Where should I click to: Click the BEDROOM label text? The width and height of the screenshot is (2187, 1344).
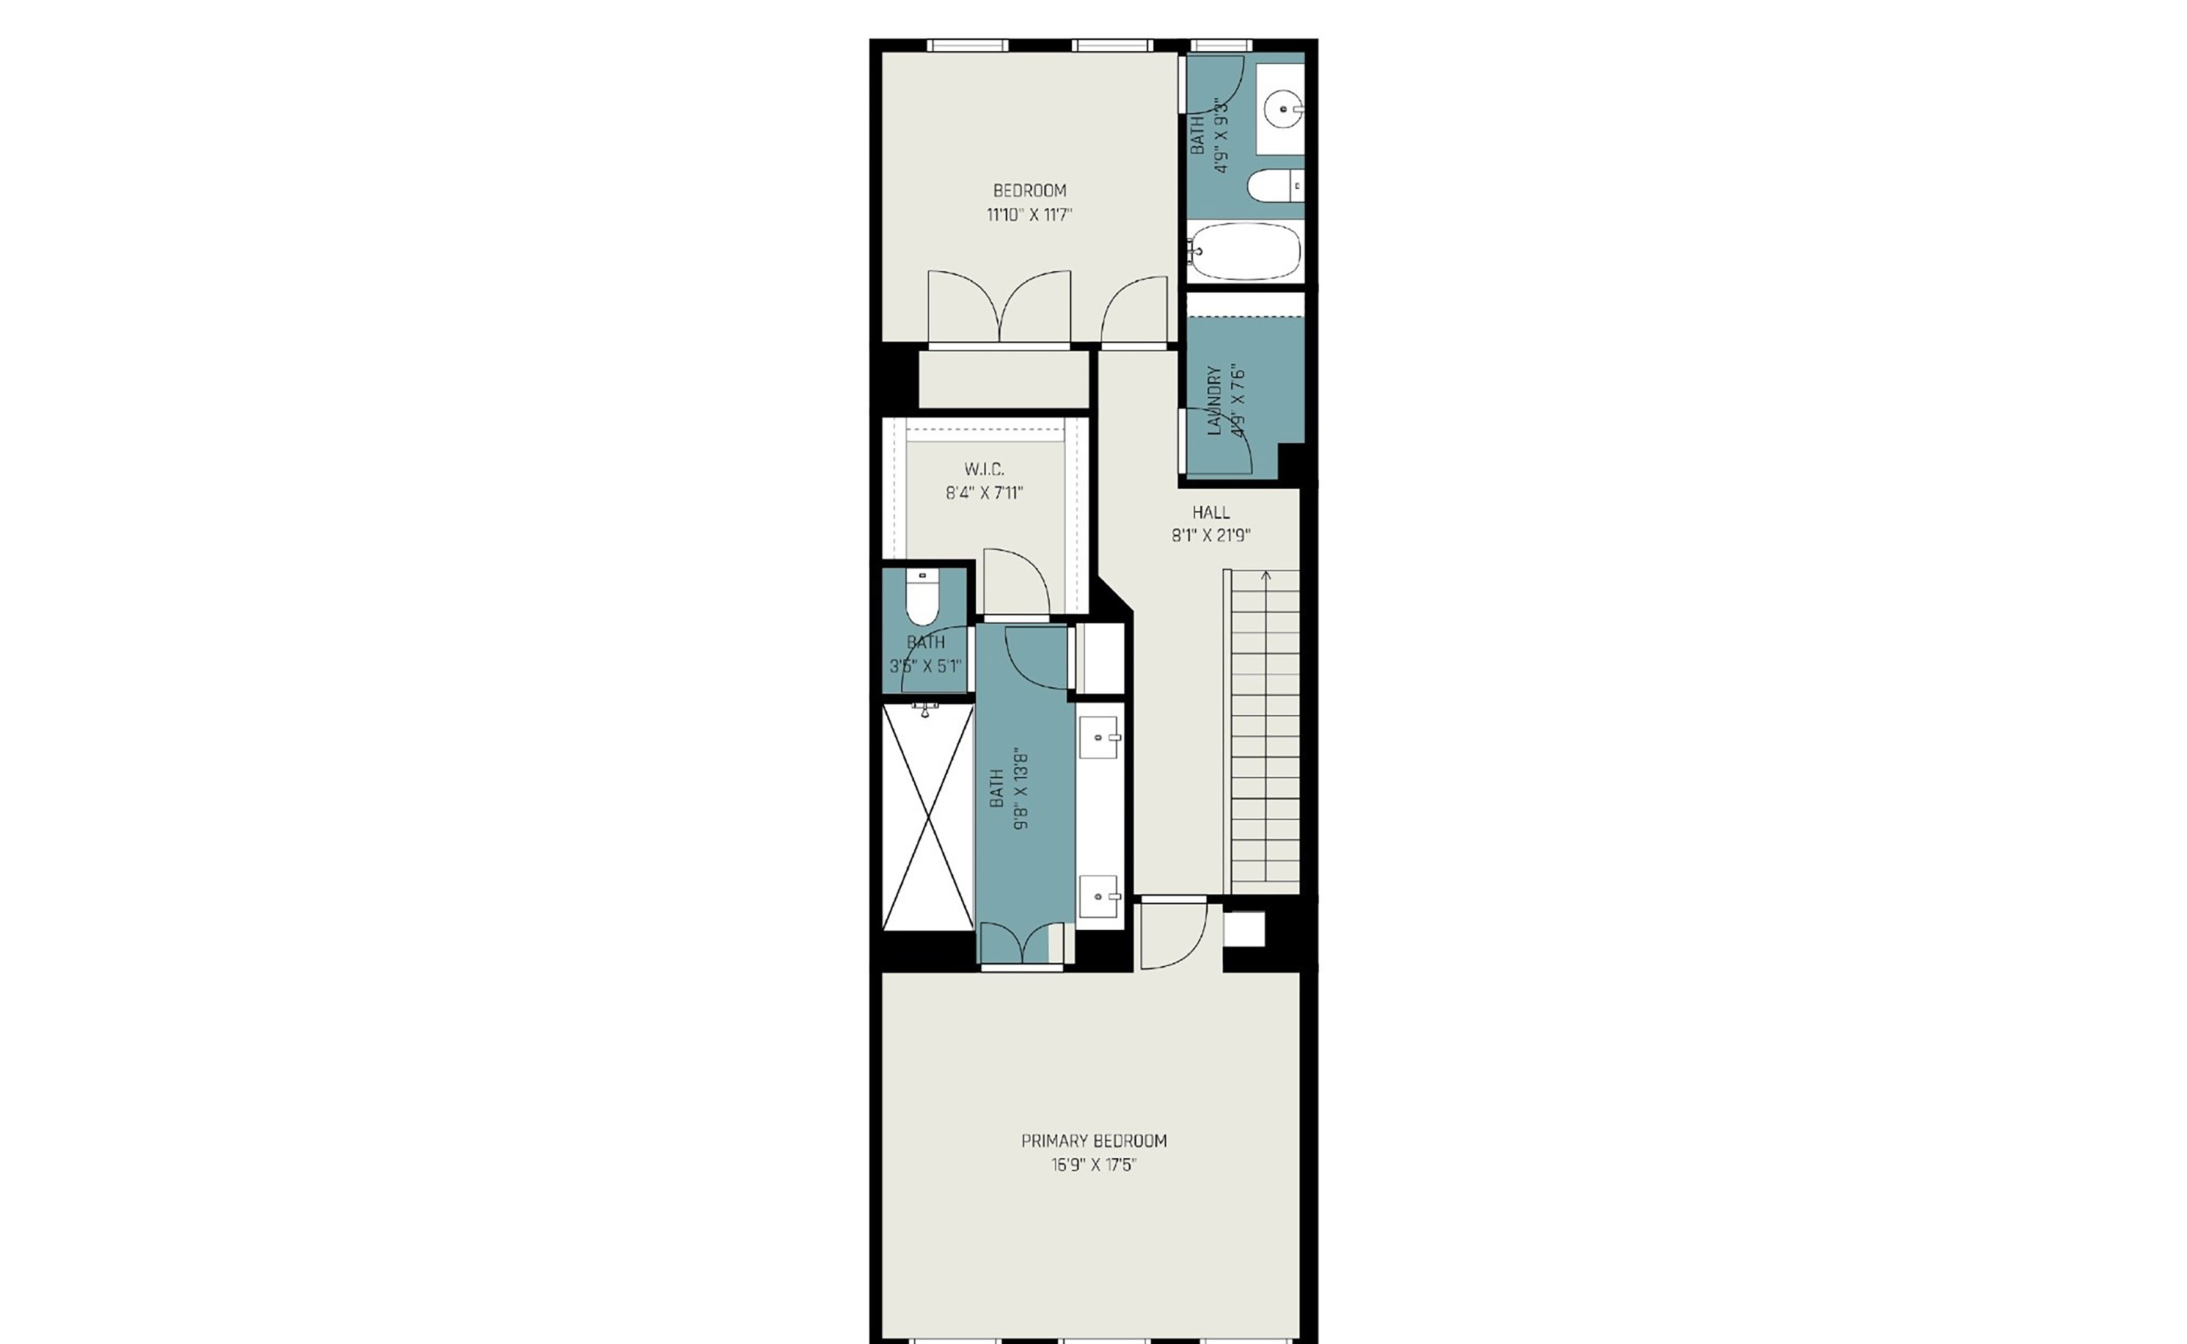[1030, 190]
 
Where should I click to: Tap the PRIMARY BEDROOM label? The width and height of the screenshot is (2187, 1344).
[1094, 1141]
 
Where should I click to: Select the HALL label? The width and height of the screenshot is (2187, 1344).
[1211, 512]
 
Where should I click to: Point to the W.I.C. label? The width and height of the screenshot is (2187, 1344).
[984, 469]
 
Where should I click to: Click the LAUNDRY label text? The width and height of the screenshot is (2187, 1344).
[1214, 400]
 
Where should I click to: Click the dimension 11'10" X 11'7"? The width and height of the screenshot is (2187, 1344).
[1030, 215]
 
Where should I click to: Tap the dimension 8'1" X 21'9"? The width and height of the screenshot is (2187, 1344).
[1211, 536]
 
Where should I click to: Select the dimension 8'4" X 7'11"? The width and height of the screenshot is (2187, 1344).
[984, 492]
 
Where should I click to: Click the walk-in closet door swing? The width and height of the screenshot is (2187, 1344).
[1017, 582]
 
